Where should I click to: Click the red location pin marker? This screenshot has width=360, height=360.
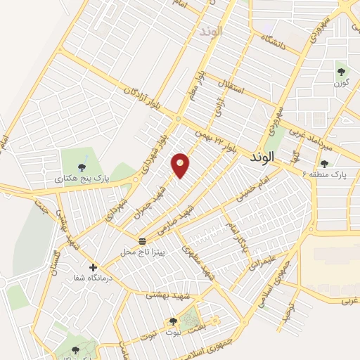(181, 165)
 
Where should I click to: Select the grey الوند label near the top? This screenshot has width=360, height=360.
(210, 32)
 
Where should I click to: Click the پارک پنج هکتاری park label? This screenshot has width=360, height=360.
(79, 179)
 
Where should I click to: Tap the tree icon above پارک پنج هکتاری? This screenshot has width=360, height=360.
(82, 167)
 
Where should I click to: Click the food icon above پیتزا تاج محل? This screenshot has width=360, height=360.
(143, 241)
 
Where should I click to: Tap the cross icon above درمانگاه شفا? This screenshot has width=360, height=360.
(92, 267)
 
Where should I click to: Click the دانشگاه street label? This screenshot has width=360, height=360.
(274, 41)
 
